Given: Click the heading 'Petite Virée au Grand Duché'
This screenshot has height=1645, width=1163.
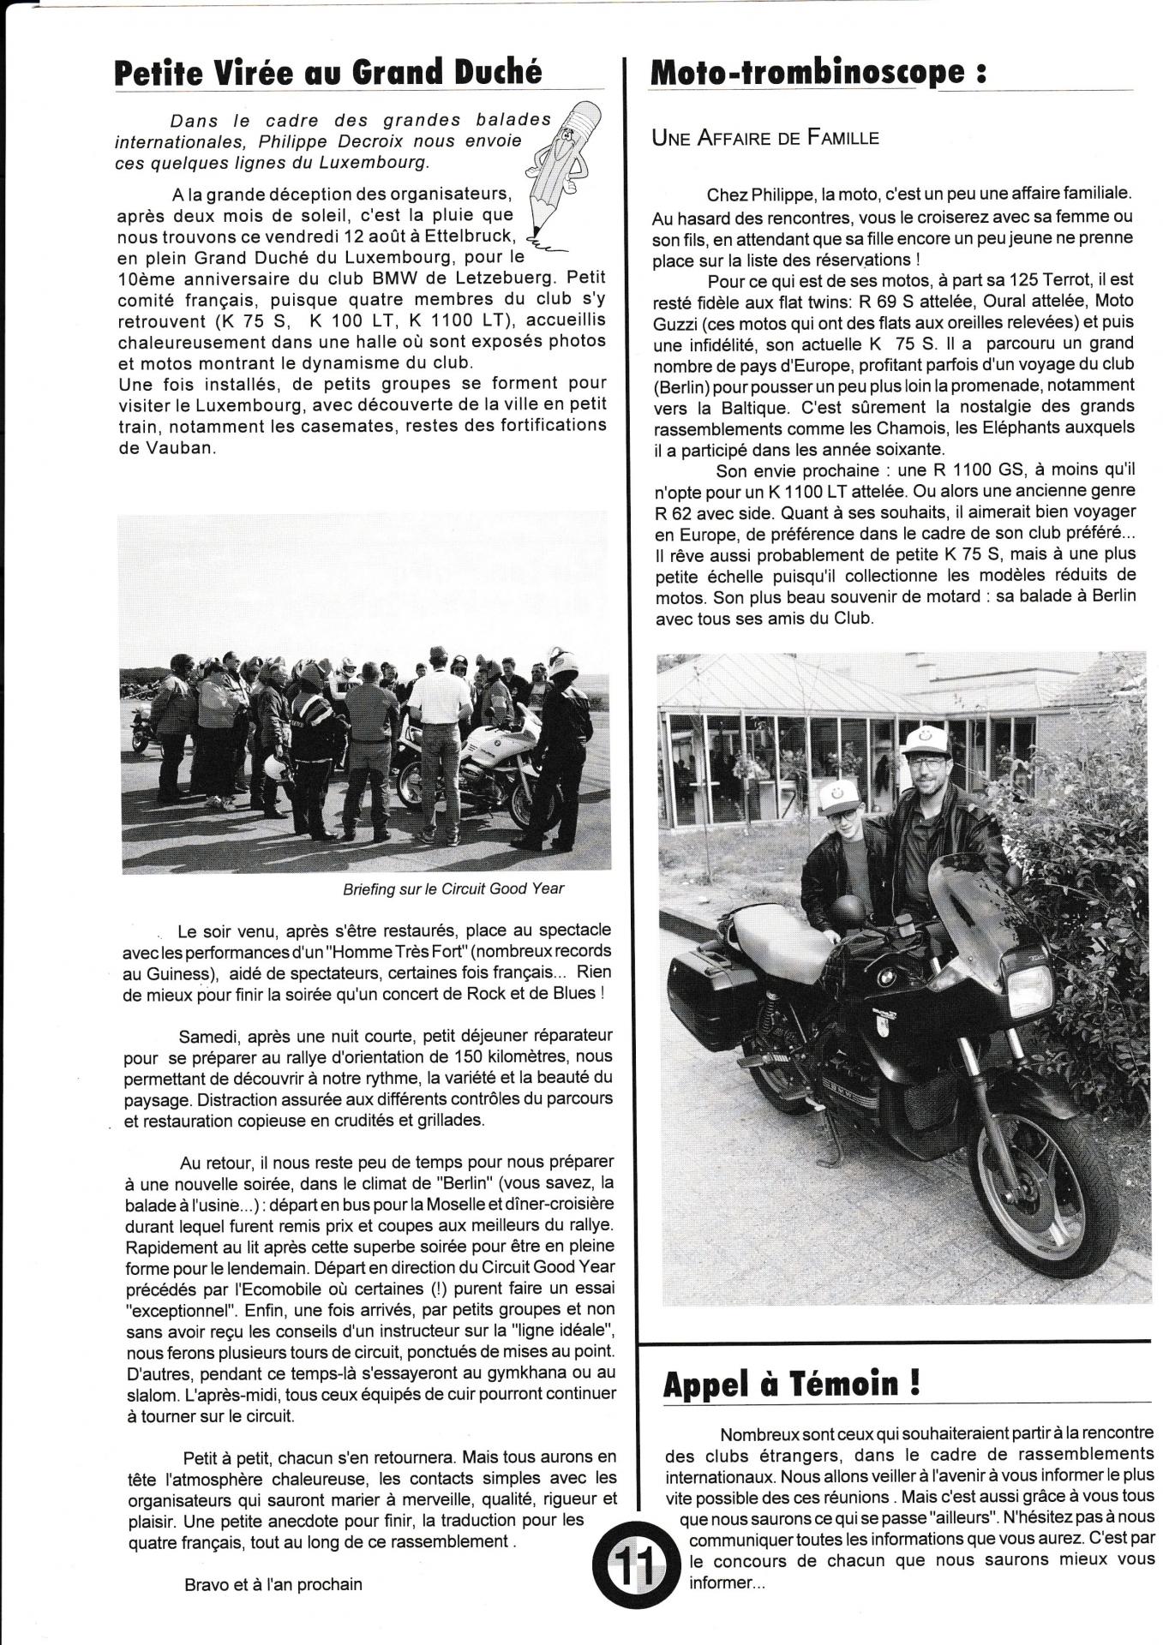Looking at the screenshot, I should (x=328, y=72).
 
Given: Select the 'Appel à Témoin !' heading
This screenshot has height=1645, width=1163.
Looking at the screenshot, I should (x=792, y=1385).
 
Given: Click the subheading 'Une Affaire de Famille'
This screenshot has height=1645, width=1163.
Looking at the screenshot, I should (x=765, y=137).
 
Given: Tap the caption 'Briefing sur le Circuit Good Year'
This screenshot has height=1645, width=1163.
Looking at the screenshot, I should (x=453, y=888).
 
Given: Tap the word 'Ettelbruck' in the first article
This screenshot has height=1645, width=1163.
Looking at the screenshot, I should (x=462, y=235).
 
